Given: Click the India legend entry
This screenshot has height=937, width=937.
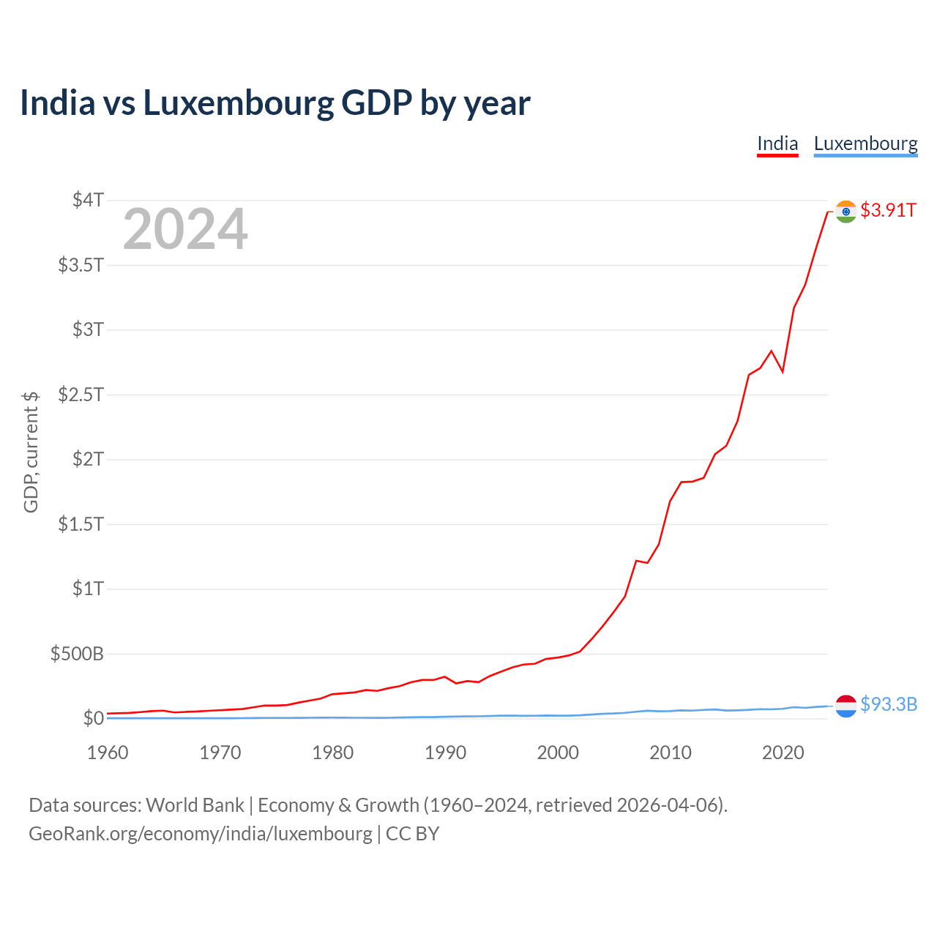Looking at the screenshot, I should pos(777,143).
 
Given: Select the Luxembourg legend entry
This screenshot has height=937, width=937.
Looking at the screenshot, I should pos(865,143).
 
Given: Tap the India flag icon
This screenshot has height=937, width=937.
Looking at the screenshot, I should pos(845,212).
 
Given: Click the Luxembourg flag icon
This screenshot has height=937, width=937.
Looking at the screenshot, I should pos(845,705).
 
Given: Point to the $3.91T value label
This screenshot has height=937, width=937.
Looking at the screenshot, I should pos(888,210).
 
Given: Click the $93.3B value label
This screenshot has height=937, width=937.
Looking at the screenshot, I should pos(889,704).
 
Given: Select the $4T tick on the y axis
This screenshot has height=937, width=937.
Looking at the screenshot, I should pos(88,200).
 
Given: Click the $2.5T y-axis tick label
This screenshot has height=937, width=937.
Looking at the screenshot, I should pos(81,395).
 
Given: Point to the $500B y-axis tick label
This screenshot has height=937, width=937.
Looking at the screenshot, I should pos(77,654).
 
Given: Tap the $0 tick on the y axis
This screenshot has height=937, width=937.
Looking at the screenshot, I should pos(93,718).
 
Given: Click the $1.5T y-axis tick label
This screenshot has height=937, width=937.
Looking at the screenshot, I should pos(81,524).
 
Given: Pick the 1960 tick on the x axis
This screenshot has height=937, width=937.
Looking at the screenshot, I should pos(108,753).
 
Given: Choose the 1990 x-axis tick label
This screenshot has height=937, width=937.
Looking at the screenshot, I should pos(445,753).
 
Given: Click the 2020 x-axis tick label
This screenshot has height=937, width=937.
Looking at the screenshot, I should pos(783,753).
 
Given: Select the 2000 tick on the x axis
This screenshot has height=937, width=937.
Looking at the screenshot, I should pos(558,753).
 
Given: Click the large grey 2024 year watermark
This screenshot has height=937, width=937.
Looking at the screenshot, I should pos(185,229).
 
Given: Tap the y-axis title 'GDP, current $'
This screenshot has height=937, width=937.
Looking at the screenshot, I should pos(31,452).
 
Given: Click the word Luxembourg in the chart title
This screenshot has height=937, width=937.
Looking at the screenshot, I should pos(238,103).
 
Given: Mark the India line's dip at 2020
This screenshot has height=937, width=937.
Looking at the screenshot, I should pos(783,372).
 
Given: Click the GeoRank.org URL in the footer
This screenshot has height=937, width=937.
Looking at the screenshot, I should pos(200,834).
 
